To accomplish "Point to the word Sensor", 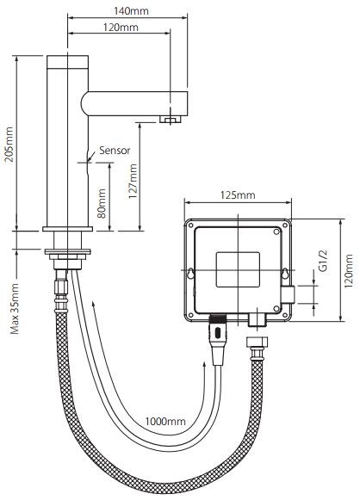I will tap(114, 149).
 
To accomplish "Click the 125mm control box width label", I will tap(239, 195).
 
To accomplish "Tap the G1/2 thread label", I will tap(322, 262).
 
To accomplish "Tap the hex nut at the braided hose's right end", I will tap(255, 353).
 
